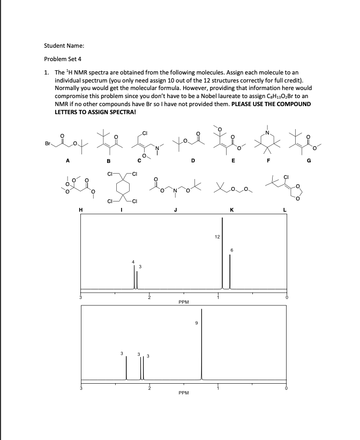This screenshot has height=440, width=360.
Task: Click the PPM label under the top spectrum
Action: pyautogui.click(x=183, y=302)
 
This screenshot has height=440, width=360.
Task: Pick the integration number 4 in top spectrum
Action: pyautogui.click(x=134, y=262)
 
